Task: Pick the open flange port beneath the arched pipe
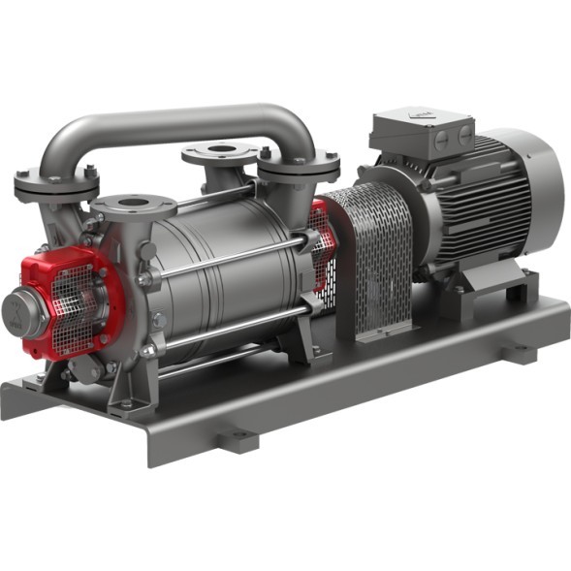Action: coord(221,151)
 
